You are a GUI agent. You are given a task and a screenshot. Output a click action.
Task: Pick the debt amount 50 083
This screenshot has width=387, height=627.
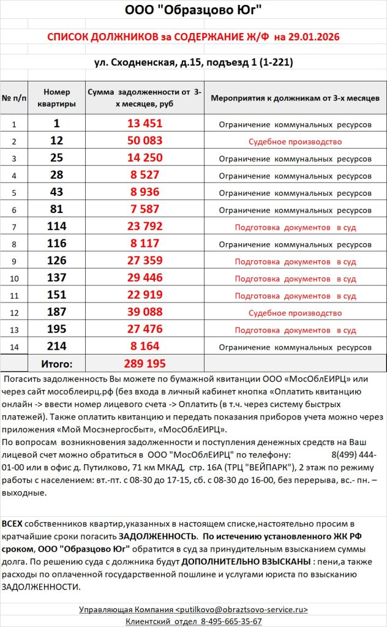pyautogui.click(x=145, y=141)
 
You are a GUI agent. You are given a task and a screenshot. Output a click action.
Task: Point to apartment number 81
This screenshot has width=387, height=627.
pyautogui.click(x=57, y=209)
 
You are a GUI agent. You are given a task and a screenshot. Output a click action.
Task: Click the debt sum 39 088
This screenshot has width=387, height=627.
pyautogui.click(x=145, y=312)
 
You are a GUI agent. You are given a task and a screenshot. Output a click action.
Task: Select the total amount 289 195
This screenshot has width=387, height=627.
pyautogui.click(x=145, y=364)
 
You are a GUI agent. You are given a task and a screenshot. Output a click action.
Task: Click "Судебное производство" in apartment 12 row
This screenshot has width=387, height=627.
pyautogui.click(x=295, y=141)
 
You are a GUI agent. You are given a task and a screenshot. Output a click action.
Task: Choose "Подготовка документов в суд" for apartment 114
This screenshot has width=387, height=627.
pyautogui.click(x=295, y=227)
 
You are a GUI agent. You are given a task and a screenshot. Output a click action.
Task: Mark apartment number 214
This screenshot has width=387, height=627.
pyautogui.click(x=57, y=347)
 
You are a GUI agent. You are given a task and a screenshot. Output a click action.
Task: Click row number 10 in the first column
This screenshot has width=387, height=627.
pyautogui.click(x=14, y=279)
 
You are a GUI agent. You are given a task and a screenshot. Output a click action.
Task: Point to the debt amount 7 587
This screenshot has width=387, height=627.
pyautogui.click(x=145, y=209)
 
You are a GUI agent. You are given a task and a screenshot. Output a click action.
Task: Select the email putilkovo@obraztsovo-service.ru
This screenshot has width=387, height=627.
pyautogui.click(x=242, y=610)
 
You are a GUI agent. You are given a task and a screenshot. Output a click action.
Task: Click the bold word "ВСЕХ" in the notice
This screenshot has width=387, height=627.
pyautogui.click(x=13, y=524)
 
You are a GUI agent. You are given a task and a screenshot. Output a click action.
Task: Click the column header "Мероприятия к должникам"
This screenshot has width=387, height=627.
pyautogui.click(x=295, y=98)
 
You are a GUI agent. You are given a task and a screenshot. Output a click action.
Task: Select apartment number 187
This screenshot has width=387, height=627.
pyautogui.click(x=57, y=312)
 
